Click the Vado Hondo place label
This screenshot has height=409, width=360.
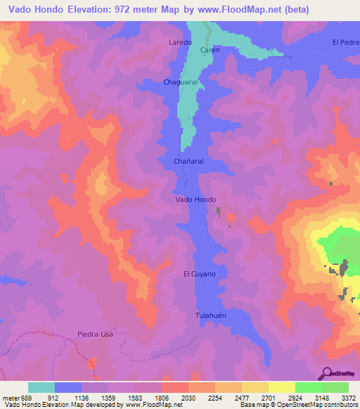pos(195,200)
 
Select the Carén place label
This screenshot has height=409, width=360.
pos(211,50)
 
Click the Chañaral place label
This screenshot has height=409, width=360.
pos(188,161)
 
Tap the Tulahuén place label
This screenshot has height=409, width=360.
pos(211,316)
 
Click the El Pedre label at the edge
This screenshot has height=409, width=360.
pos(345,42)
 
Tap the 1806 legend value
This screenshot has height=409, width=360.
pos(161,398)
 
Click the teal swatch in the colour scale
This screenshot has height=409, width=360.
pos(41,387)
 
